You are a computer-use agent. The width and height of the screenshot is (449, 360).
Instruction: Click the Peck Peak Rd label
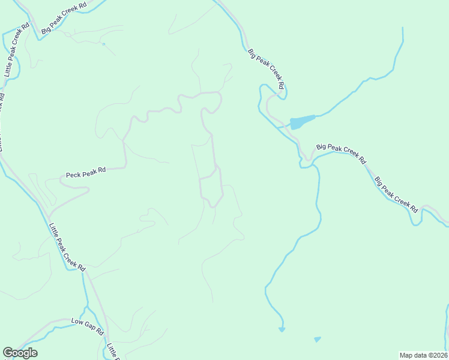(86, 173)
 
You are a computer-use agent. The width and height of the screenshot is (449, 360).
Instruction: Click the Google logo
(20, 353)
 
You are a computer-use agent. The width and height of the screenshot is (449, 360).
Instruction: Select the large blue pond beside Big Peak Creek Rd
(301, 122)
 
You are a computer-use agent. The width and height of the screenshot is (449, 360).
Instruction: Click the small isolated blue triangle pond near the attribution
(317, 340)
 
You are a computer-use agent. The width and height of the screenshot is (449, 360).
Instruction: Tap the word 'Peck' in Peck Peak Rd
(73, 175)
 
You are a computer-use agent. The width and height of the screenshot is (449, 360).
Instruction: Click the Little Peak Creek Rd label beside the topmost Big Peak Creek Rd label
(16, 50)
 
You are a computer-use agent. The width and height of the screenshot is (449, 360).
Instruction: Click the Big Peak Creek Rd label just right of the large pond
(340, 152)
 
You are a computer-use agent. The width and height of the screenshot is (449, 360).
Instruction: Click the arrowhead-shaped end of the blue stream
(282, 329)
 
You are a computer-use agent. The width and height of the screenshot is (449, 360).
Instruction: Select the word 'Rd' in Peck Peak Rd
(101, 170)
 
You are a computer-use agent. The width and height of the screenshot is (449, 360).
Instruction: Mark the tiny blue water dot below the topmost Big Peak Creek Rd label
(103, 44)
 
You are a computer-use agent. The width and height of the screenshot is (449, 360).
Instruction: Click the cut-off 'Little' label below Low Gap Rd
(112, 352)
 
